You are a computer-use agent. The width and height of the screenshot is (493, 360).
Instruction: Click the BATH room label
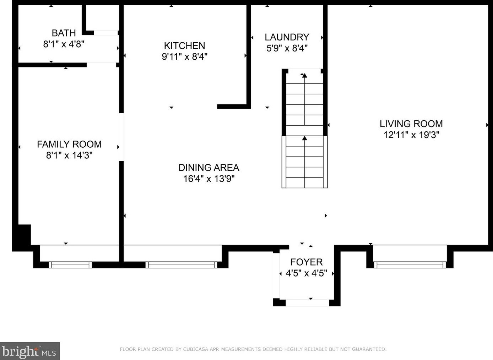point(64,33)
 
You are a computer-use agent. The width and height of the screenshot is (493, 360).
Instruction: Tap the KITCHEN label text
point(184,46)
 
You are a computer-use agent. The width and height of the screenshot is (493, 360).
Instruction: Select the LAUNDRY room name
point(287,37)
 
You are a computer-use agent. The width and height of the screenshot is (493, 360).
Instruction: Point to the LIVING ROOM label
point(411,124)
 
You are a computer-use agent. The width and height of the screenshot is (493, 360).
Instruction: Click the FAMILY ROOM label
point(69,144)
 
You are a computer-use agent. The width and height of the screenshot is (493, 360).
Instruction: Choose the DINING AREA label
point(209,168)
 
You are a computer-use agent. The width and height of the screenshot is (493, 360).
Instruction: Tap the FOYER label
point(307,262)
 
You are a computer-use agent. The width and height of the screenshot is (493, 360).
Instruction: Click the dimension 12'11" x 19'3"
point(411,135)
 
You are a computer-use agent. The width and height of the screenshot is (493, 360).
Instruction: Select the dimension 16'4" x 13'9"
point(209,179)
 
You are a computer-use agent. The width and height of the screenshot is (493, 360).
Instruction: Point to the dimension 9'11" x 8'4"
point(185,57)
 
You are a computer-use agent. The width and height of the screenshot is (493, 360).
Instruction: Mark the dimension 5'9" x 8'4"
point(287,48)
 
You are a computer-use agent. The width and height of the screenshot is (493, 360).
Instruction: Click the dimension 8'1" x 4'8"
point(64,44)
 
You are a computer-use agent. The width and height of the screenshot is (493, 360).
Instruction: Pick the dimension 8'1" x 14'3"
point(69,156)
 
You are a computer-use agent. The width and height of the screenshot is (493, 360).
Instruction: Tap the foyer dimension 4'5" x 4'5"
point(307,273)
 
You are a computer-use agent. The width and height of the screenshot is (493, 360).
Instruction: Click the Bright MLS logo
point(30,351)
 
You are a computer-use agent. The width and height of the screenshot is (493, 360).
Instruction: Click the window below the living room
point(410,265)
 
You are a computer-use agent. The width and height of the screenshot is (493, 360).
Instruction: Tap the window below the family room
point(70,265)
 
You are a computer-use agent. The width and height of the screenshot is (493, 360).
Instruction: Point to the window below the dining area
point(182,265)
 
